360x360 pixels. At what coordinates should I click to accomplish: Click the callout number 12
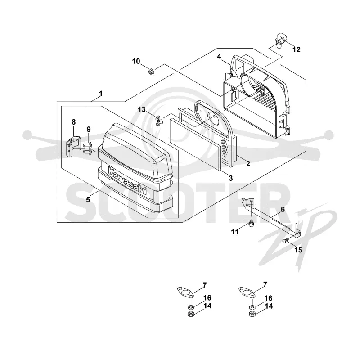[297, 49]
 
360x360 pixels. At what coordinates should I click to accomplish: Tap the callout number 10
[136, 61]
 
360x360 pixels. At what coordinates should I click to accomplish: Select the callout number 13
[142, 110]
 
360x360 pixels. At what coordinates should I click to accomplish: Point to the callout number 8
[73, 122]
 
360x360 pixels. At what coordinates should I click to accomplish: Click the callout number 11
[235, 232]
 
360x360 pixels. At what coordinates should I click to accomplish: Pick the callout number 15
[298, 250]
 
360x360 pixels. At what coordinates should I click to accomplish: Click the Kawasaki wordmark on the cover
[127, 181]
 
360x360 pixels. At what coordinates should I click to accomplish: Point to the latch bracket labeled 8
[73, 146]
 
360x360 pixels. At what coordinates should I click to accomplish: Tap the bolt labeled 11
[252, 223]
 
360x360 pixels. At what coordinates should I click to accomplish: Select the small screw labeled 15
[285, 240]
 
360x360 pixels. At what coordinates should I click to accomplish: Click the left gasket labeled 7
[185, 292]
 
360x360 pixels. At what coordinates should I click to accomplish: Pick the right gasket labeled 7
[247, 292]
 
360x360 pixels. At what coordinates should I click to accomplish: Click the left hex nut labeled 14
[190, 314]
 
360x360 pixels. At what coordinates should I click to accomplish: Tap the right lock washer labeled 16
[252, 306]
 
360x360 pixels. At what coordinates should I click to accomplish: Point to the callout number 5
[88, 200]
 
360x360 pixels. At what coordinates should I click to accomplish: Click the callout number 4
[219, 56]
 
